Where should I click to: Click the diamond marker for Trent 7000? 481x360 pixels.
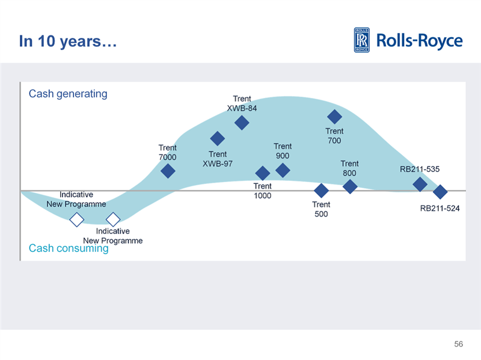tap(168, 171)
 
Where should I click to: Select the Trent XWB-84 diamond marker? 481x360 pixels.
tap(242, 123)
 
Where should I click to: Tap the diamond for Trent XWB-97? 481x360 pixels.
tap(218, 139)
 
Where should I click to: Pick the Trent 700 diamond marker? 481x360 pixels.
tap(334, 116)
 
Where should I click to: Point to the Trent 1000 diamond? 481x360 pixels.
tap(262, 174)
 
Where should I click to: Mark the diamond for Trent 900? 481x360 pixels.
tap(283, 171)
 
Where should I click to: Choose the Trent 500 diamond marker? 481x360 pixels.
tap(322, 191)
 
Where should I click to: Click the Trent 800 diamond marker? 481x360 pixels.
tap(350, 186)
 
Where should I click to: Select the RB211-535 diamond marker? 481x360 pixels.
tap(420, 184)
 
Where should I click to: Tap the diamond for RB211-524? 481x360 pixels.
tap(440, 192)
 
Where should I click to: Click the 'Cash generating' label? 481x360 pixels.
tap(68, 94)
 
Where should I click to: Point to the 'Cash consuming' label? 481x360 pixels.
tap(69, 248)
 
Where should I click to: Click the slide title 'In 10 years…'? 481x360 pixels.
tap(68, 41)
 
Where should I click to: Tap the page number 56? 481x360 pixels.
tap(459, 344)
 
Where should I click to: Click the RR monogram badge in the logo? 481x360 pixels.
tap(362, 40)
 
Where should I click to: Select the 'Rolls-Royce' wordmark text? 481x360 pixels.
tap(419, 41)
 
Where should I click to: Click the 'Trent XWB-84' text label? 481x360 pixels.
tap(242, 103)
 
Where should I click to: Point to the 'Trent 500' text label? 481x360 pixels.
tap(321, 209)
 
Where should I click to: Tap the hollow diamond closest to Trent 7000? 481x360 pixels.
tap(113, 220)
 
